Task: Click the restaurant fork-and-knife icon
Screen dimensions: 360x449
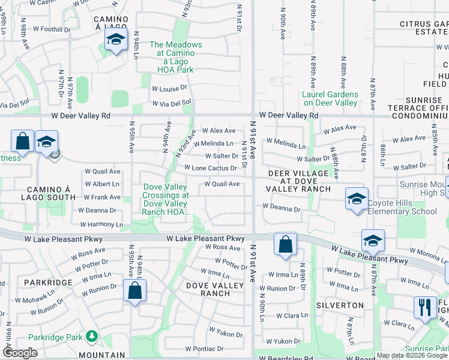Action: tap(425, 307)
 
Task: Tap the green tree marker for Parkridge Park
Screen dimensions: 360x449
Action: tap(91, 336)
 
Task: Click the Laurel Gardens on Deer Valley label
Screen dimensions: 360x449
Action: tap(330, 98)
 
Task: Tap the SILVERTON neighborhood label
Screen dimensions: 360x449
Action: tap(345, 305)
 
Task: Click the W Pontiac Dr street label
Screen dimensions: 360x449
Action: tap(204, 349)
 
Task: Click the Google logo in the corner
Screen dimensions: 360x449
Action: tap(20, 353)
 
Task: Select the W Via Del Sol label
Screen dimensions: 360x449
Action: tap(171, 102)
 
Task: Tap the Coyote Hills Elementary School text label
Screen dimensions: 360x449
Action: tap(402, 207)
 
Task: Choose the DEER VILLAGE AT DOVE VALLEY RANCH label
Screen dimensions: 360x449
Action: tap(299, 181)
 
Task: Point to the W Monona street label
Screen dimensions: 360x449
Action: tap(430, 256)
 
